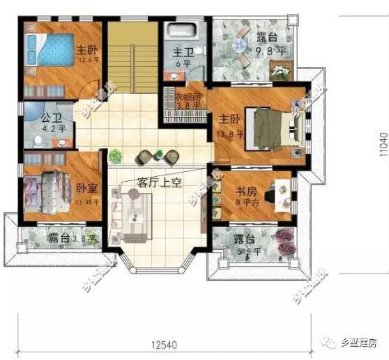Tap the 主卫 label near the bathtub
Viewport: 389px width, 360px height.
tap(183, 52)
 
